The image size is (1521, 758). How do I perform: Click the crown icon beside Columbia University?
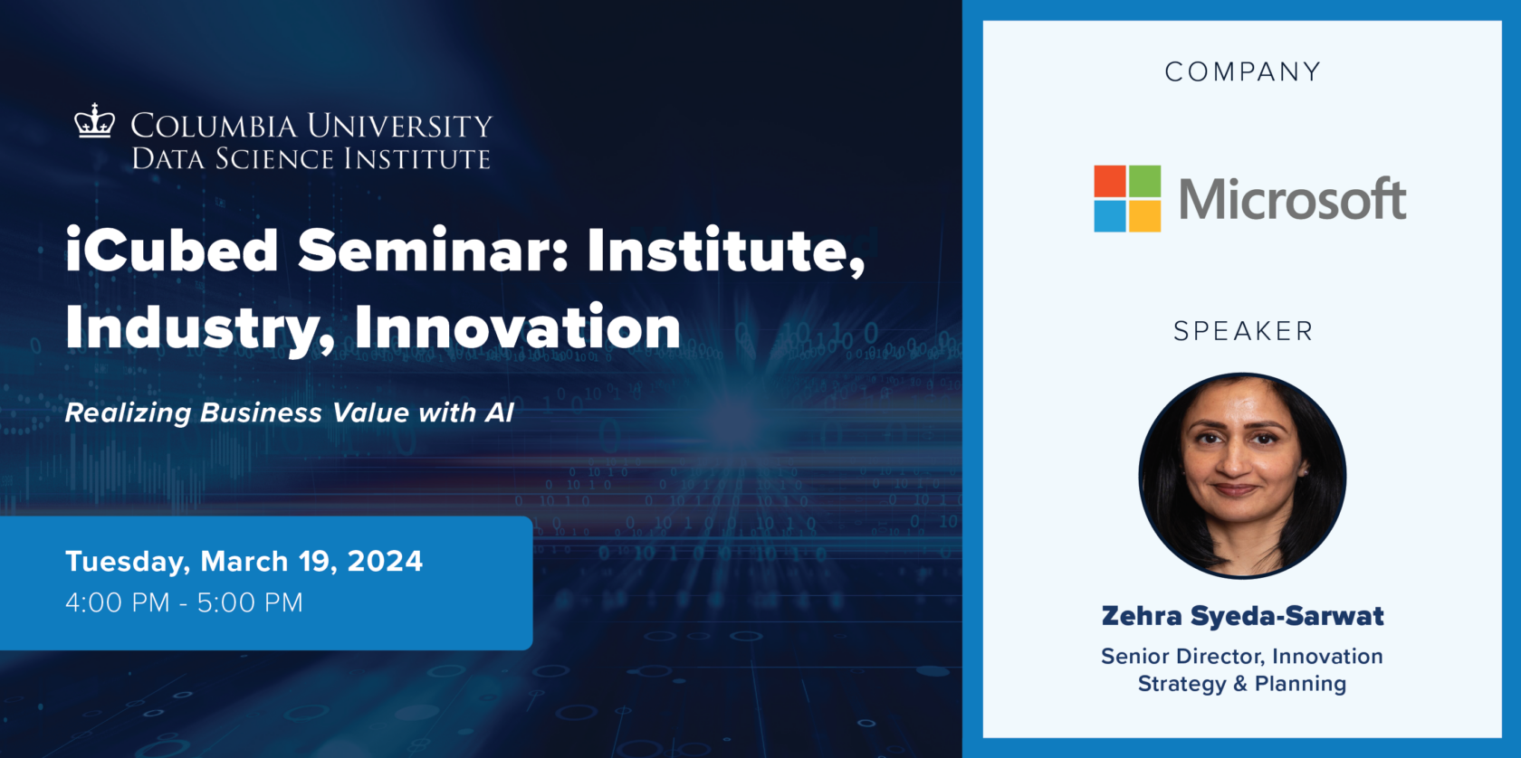(94, 121)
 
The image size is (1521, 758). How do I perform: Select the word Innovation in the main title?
(517, 327)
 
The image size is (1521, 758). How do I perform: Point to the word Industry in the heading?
(199, 327)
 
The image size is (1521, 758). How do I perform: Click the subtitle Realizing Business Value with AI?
(290, 413)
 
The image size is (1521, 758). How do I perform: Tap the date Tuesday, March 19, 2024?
(244, 562)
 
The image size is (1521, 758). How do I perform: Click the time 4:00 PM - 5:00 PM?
(184, 602)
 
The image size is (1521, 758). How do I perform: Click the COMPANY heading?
(1242, 72)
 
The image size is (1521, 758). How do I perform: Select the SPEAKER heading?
(1242, 332)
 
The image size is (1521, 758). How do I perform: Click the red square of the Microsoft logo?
(1110, 181)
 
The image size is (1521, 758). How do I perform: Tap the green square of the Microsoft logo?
(1145, 181)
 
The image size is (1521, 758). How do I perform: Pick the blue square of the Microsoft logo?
(1110, 216)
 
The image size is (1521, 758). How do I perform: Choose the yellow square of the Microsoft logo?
(1145, 216)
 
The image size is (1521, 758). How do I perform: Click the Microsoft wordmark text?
(1292, 199)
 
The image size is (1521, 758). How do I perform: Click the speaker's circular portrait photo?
(1242, 476)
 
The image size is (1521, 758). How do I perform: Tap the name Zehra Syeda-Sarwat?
(1242, 617)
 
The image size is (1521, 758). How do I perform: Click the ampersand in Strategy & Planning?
(1240, 684)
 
